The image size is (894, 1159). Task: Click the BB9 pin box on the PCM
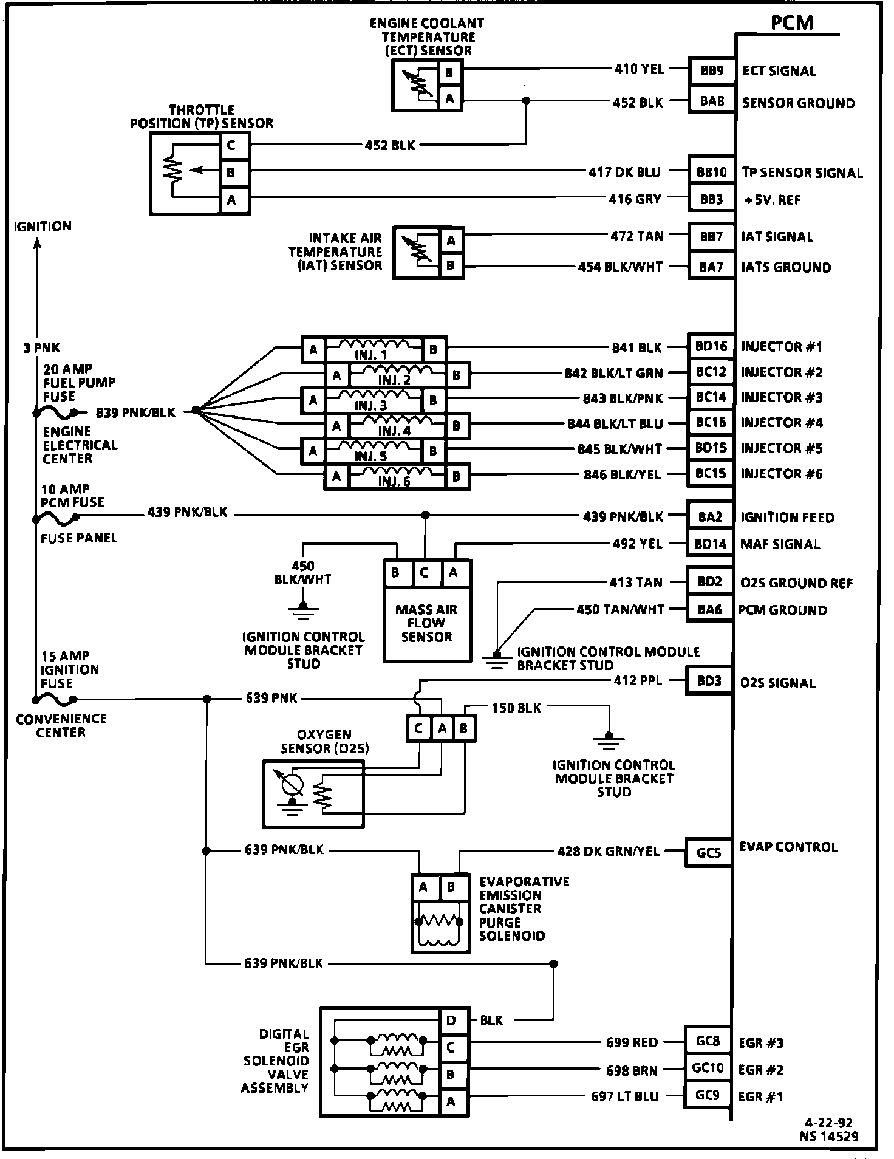711,70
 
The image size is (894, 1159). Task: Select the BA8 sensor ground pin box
711,101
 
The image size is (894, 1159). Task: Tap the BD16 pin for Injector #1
711,347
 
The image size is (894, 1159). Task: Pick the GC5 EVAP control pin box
708,853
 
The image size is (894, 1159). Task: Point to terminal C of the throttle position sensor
234,146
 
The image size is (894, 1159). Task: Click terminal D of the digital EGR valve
453,1020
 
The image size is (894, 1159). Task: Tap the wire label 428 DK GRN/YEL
608,851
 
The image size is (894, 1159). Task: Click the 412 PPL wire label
638,681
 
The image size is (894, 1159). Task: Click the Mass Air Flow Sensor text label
426,623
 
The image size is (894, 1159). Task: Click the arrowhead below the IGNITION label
38,242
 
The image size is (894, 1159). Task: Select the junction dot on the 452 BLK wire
526,101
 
